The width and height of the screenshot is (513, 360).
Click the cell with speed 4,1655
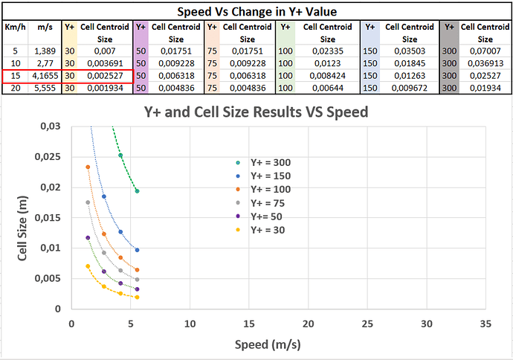point(45,76)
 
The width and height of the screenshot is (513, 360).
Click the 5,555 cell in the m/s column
point(45,87)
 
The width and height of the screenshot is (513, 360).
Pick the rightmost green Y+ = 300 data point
point(137,191)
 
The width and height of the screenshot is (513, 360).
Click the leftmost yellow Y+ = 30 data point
point(88,266)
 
